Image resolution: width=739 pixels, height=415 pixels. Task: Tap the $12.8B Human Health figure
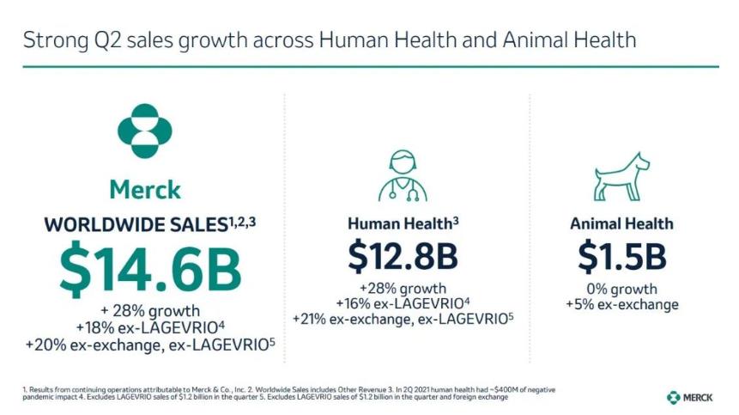click(x=403, y=256)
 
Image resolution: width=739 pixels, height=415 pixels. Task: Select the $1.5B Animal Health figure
click(x=622, y=256)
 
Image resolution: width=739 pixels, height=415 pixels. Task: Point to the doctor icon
click(x=403, y=175)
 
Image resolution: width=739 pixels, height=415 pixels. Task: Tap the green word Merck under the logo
click(x=145, y=189)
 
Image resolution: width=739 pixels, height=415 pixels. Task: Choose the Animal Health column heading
click(x=622, y=224)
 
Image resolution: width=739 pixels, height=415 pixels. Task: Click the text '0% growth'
click(x=622, y=289)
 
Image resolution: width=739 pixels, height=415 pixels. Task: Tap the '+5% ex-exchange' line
click(x=622, y=304)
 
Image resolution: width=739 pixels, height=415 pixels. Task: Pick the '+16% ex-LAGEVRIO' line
click(x=403, y=303)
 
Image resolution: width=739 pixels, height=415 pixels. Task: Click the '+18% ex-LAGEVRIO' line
click(x=150, y=327)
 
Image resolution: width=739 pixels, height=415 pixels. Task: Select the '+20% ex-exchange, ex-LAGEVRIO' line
click(x=150, y=344)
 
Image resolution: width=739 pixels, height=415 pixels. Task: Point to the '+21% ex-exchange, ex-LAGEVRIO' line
click(x=403, y=319)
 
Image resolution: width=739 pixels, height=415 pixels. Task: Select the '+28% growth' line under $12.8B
click(x=403, y=288)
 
